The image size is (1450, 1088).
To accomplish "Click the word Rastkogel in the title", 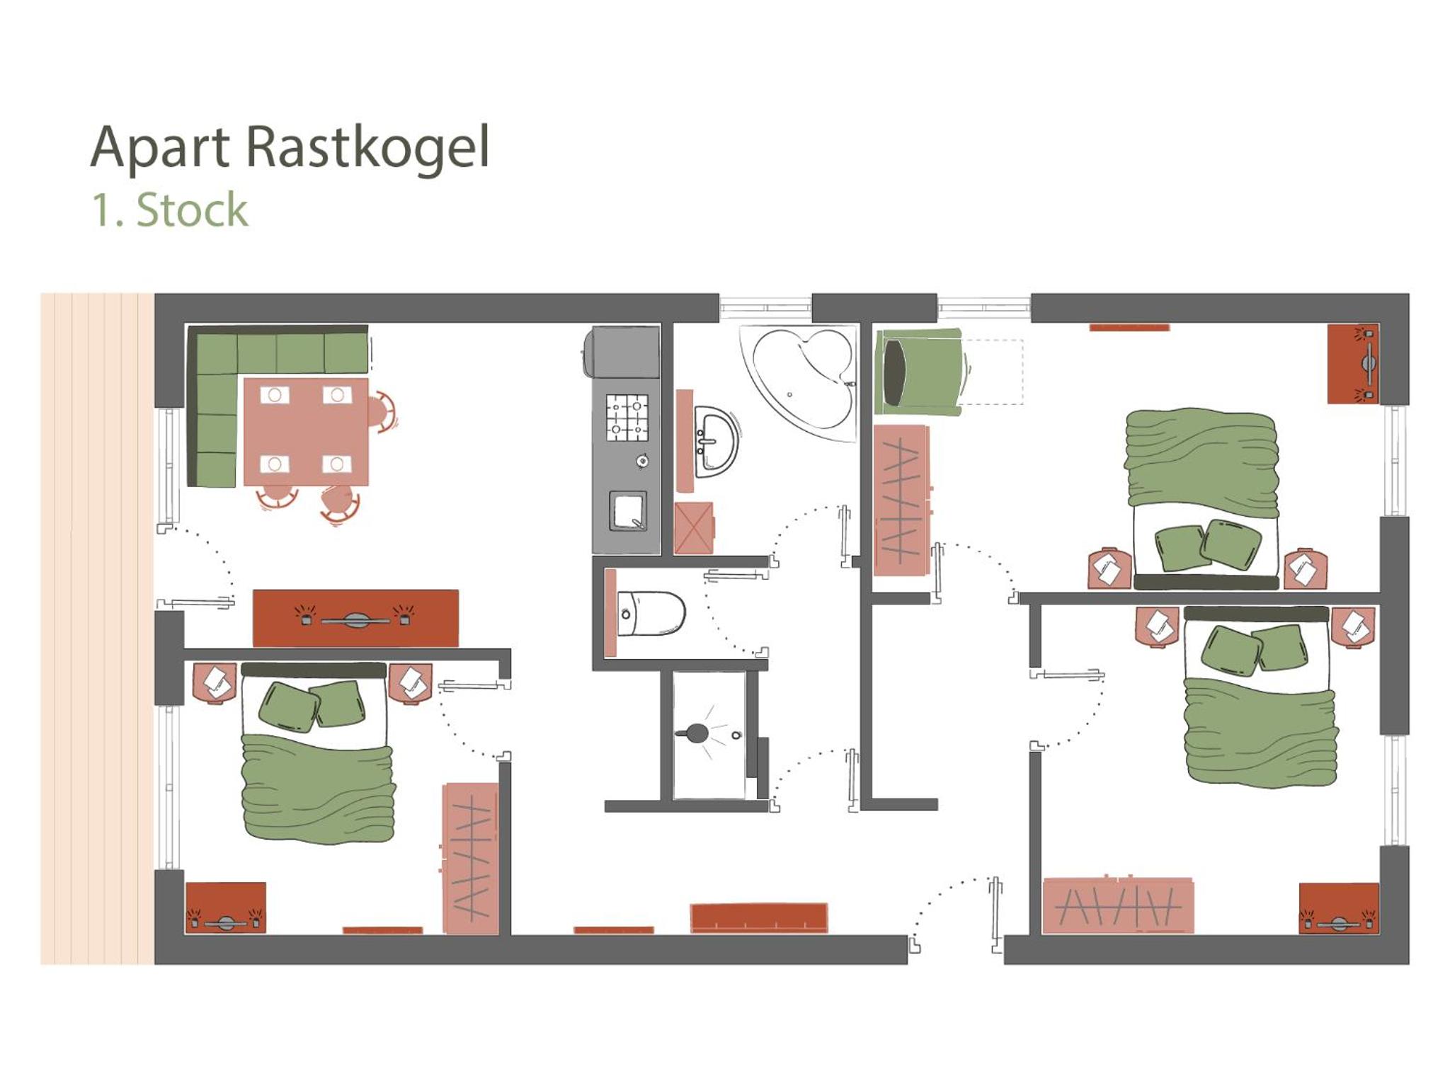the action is [367, 147].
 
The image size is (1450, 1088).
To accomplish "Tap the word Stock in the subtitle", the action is [192, 210].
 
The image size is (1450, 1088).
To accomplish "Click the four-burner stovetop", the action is [627, 418].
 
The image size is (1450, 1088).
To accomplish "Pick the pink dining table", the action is [306, 432].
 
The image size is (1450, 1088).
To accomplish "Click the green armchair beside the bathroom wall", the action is [919, 372].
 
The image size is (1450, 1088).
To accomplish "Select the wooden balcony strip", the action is [97, 629].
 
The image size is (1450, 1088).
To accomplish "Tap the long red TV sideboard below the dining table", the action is [355, 618].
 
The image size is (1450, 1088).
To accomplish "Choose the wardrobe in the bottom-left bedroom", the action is [471, 858].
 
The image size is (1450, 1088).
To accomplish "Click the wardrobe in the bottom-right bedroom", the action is [1118, 906].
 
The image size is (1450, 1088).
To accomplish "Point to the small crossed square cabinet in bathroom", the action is [694, 528].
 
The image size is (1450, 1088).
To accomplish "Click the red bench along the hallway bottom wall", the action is [759, 917].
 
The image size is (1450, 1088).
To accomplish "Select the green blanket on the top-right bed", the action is [1202, 461].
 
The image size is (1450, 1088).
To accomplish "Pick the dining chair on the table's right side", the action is [382, 412].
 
